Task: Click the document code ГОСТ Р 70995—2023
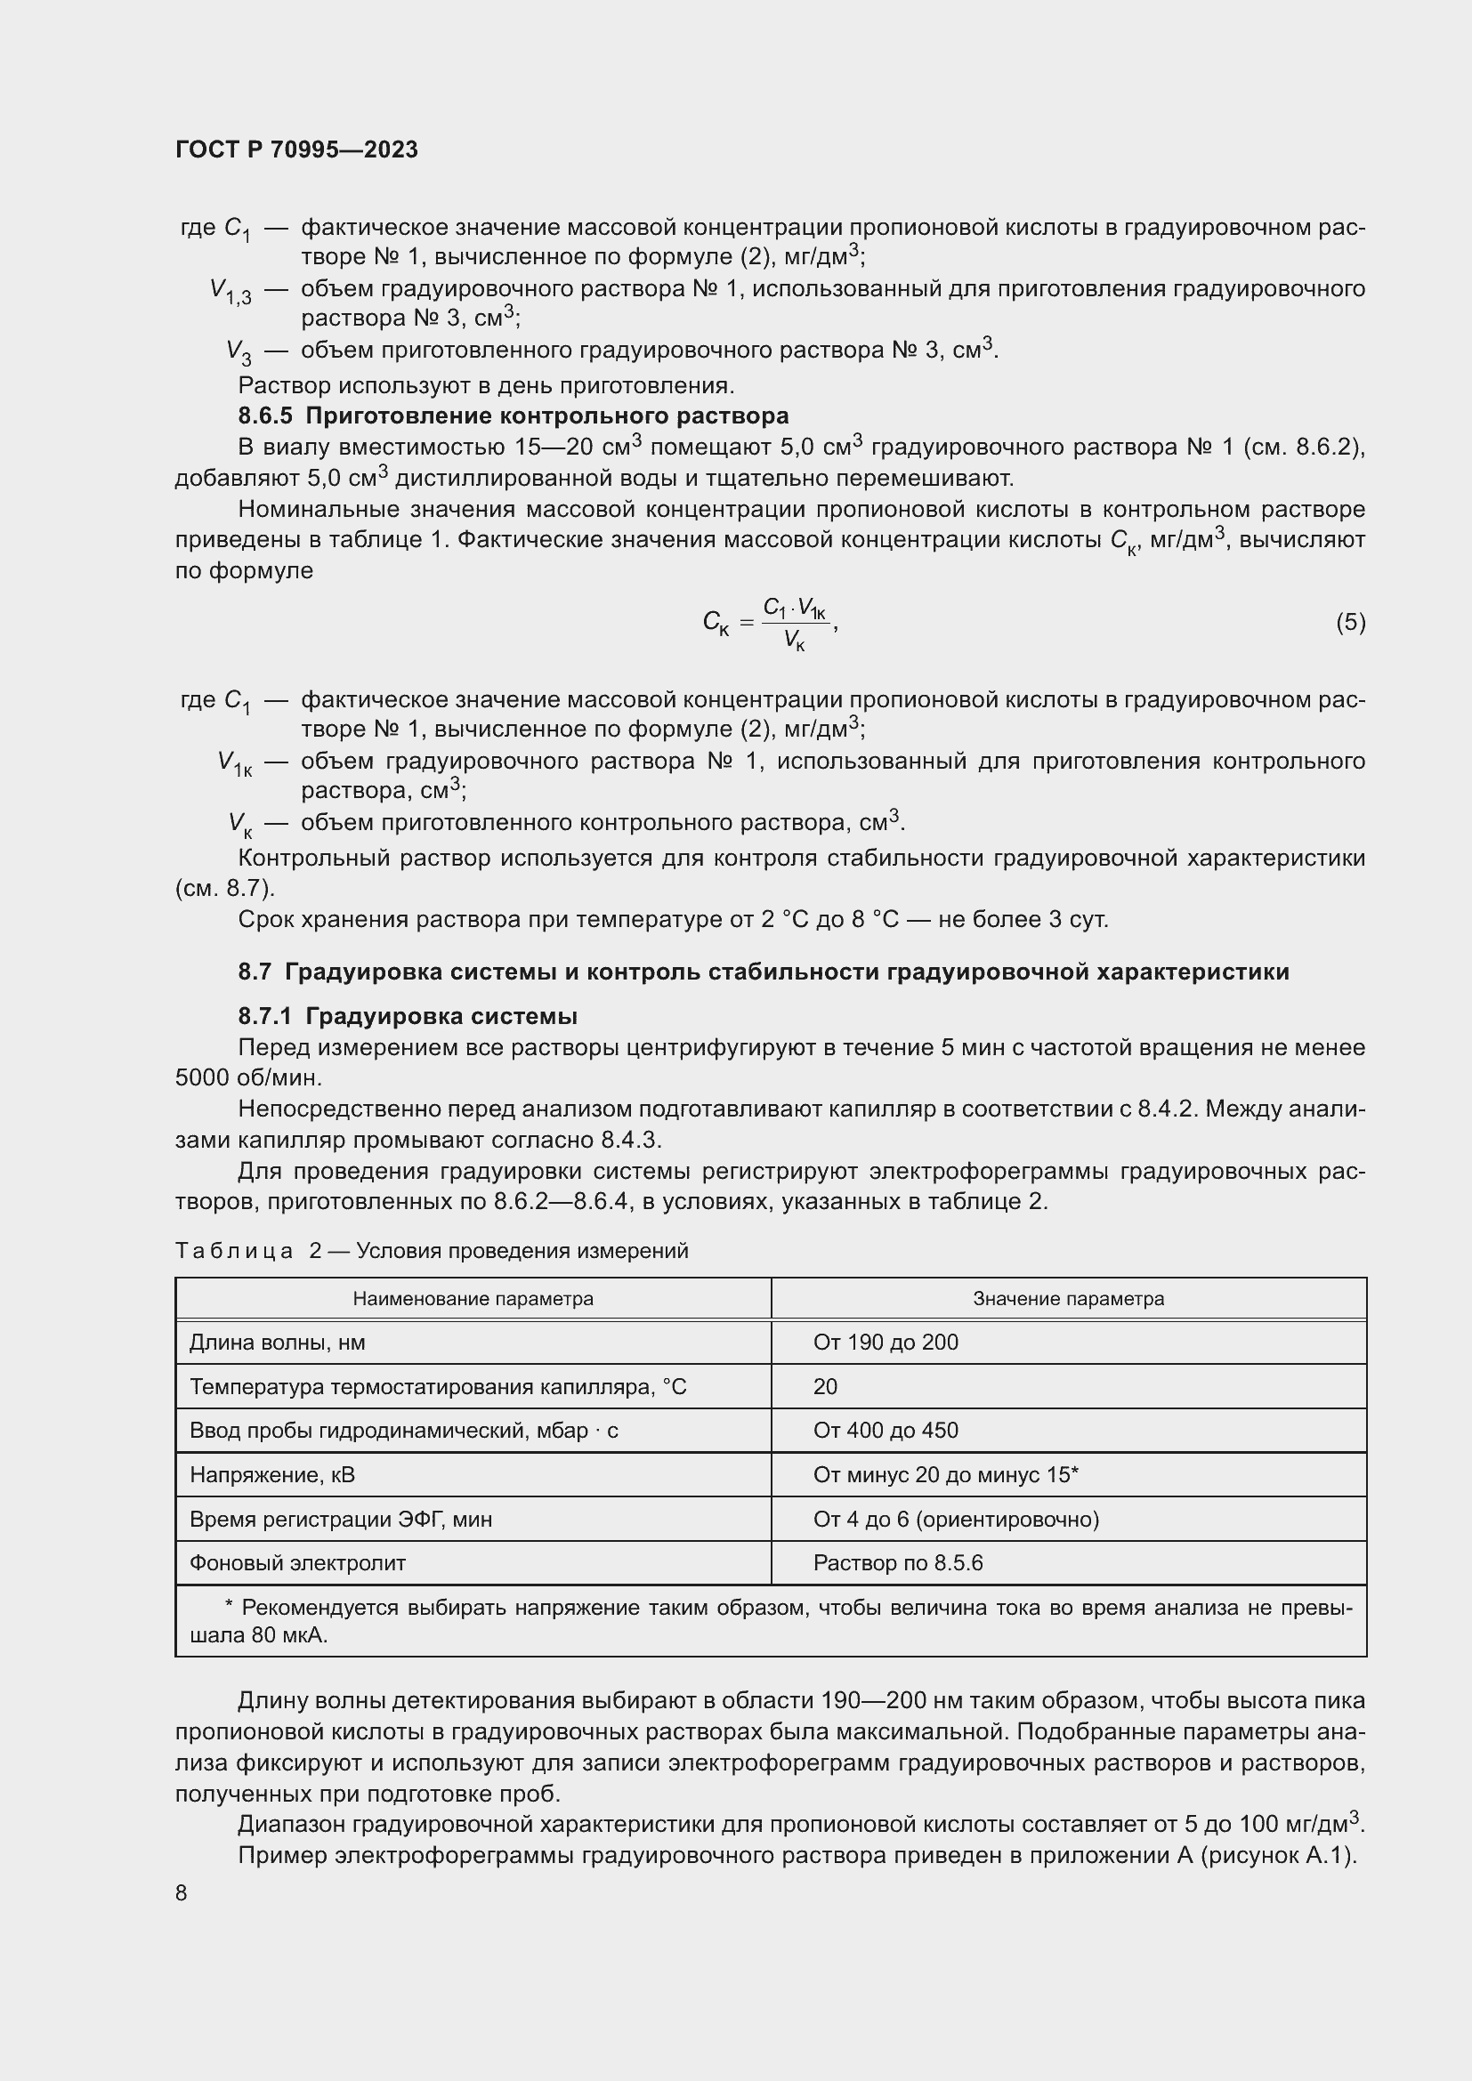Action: (296, 150)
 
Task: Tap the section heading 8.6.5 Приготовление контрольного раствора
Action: (513, 416)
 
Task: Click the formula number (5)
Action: (1350, 622)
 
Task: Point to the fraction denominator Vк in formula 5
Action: (794, 641)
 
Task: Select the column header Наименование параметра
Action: (473, 1298)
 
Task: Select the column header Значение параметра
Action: (1068, 1298)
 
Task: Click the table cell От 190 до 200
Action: (885, 1343)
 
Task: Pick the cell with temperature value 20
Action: (825, 1387)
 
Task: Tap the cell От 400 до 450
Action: (885, 1431)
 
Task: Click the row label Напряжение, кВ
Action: (272, 1474)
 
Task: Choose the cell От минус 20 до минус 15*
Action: (944, 1474)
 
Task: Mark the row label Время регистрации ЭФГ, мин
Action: (340, 1519)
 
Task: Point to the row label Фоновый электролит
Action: (297, 1562)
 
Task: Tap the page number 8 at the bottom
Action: (182, 1893)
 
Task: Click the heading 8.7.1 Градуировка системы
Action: (407, 1016)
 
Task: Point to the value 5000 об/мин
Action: (248, 1078)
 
